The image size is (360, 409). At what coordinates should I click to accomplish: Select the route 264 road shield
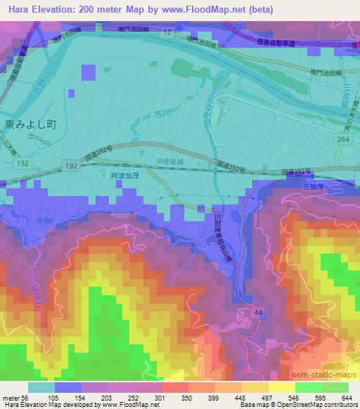pos(342,139)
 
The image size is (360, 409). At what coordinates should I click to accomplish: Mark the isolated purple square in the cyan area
pos(88,73)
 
